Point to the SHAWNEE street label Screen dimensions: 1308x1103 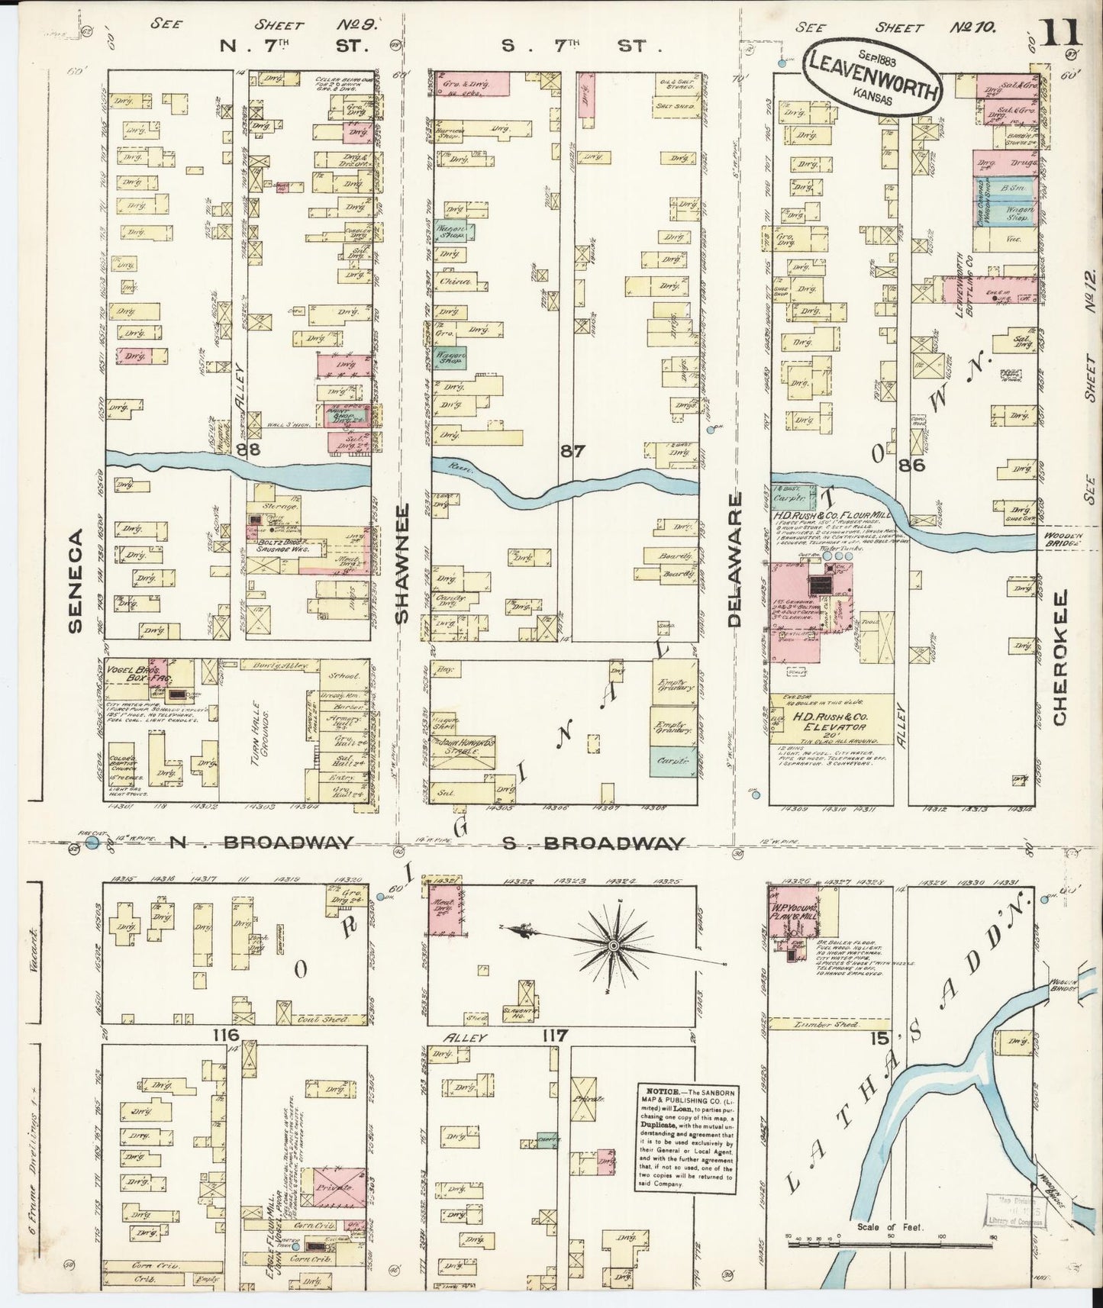402,576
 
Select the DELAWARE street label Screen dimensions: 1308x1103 735,561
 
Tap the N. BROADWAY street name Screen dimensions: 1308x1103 260,842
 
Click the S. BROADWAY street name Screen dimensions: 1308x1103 592,842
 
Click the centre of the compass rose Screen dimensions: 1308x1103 612,946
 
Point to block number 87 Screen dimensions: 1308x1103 572,451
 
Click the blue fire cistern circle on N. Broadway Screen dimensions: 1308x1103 92,842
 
